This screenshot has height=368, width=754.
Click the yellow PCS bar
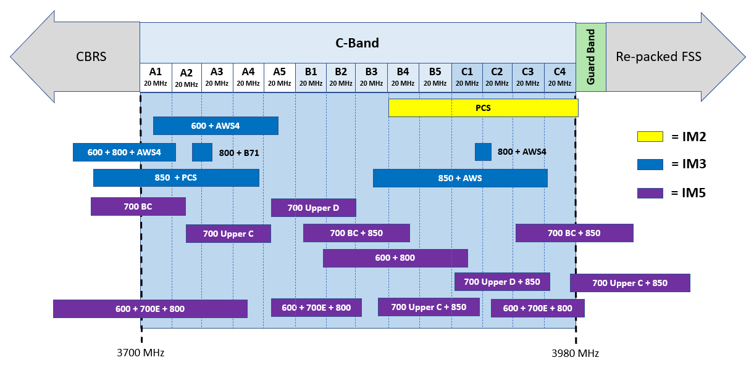point(483,108)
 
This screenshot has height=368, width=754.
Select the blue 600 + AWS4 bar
point(216,126)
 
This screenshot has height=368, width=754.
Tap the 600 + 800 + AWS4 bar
point(124,152)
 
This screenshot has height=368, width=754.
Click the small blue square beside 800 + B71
point(202,152)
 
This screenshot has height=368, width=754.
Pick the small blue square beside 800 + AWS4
point(483,152)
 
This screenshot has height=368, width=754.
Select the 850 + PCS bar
point(176,178)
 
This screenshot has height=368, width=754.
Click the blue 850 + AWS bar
point(460,178)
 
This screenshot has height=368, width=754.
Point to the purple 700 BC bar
point(138,206)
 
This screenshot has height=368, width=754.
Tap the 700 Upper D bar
point(313,208)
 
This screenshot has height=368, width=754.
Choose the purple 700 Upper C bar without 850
point(228,234)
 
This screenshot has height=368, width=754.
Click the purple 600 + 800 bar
point(395,258)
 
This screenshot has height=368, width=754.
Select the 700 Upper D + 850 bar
point(501,282)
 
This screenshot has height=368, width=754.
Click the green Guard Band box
point(591,57)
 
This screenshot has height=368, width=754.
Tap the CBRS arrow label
point(91,57)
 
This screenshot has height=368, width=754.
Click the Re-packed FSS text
point(658,57)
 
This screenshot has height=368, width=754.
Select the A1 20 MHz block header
point(156,77)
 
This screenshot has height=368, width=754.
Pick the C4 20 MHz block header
point(559,77)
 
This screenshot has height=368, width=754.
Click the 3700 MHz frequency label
point(141,353)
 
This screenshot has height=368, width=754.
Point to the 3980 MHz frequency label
point(575,353)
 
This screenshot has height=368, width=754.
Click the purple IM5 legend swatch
point(650,193)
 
